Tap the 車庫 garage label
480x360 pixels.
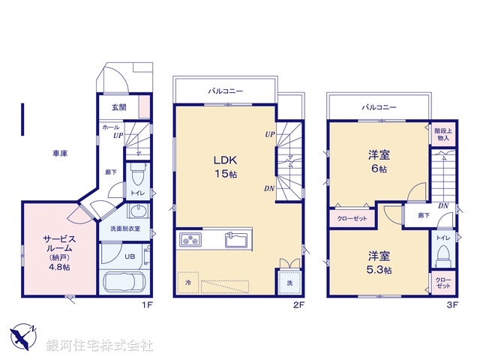pyautogui.click(x=60, y=153)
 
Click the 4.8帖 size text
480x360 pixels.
pyautogui.click(x=60, y=266)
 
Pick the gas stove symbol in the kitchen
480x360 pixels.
pyautogui.click(x=190, y=241)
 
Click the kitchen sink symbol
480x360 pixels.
pyautogui.click(x=237, y=241)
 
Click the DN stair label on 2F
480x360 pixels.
pyautogui.click(x=268, y=188)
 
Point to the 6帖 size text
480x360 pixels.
pyautogui.click(x=377, y=169)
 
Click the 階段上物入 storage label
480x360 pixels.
pyautogui.click(x=442, y=134)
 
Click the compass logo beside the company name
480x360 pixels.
pyautogui.click(x=22, y=336)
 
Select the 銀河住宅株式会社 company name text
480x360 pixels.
pyautogui.click(x=99, y=345)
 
